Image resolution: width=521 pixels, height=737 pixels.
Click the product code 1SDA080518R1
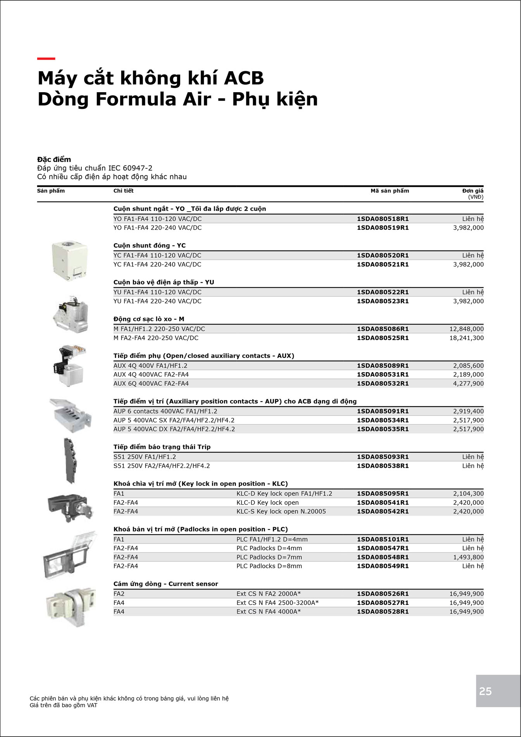point(383,219)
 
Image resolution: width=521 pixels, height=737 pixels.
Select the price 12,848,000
point(466,329)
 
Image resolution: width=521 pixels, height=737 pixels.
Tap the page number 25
point(485,691)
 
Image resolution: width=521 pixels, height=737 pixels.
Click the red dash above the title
point(46,58)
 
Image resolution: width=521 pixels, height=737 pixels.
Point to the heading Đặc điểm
point(54,159)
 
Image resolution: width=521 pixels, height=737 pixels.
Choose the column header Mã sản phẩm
point(390,191)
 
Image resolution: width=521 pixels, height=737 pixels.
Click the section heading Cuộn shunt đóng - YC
point(150,246)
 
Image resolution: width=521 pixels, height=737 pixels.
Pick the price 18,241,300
point(466,338)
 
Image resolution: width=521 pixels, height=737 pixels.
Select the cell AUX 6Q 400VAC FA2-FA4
point(151,383)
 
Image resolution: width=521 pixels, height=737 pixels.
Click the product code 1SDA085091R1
point(383,411)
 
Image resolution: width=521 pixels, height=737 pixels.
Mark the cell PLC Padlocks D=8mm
point(269,566)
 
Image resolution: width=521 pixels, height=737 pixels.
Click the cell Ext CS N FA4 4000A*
point(268,612)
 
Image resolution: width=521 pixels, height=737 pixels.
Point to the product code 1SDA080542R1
point(383,511)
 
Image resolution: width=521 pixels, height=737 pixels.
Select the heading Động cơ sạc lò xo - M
point(149,319)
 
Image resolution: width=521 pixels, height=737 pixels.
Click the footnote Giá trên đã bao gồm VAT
point(64,705)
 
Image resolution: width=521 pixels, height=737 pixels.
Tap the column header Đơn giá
point(473,191)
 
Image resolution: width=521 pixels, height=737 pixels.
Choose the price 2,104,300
point(468,493)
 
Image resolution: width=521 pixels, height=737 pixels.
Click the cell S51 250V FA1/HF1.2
point(144,457)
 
